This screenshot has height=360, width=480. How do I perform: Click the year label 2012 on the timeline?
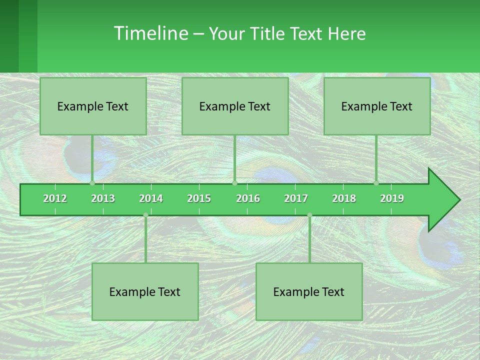55,198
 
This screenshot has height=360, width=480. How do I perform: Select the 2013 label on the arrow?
103,198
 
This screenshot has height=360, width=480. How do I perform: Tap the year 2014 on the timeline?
151,198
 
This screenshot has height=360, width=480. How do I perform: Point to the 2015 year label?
199,198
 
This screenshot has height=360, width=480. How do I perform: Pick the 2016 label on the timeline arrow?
248,198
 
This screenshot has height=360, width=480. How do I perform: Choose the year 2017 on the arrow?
296,198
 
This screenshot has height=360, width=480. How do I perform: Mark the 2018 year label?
344,198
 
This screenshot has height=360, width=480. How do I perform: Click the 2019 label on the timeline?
392,198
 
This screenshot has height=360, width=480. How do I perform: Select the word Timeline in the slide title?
150,33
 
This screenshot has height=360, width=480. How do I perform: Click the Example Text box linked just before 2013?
93,106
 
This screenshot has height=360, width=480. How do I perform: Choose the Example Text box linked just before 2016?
235,106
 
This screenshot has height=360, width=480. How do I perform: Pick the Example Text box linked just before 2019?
377,106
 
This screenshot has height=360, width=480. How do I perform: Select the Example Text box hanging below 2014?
145,291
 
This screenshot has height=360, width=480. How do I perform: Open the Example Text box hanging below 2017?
309,291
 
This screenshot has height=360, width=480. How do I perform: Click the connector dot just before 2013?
92,183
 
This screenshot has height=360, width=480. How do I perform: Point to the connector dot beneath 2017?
309,215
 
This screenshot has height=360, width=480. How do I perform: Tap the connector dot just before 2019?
376,183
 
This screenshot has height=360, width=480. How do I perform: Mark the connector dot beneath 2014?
145,215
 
